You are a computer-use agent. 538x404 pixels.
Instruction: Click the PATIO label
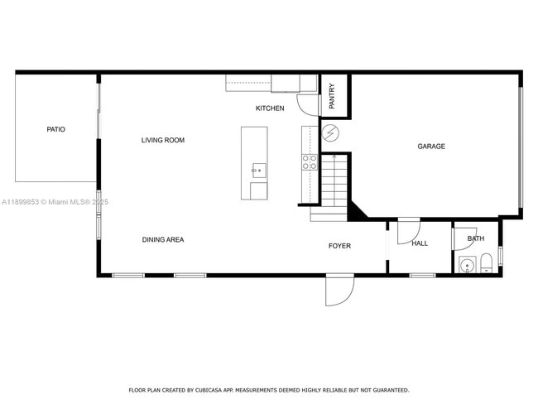tap(55, 129)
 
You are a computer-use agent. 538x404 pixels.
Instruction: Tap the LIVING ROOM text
tap(163, 140)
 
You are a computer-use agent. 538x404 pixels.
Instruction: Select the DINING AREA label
tap(163, 239)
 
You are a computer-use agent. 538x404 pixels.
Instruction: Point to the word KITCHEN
tap(270, 108)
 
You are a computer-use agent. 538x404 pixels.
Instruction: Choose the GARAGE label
tap(431, 147)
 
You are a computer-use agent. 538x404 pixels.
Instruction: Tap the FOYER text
tap(339, 246)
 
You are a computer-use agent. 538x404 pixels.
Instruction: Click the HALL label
tap(420, 243)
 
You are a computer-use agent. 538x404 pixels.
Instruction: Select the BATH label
tap(476, 239)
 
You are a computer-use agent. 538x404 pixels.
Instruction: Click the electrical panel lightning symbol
tap(330, 133)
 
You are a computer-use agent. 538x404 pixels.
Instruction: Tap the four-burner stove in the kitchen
tap(309, 161)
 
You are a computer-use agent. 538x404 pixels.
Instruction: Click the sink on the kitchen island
tap(258, 171)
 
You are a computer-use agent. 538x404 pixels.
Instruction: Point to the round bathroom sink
tap(468, 265)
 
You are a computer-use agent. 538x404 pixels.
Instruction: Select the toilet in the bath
tap(487, 263)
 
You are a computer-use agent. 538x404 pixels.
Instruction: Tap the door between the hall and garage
tap(408, 231)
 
